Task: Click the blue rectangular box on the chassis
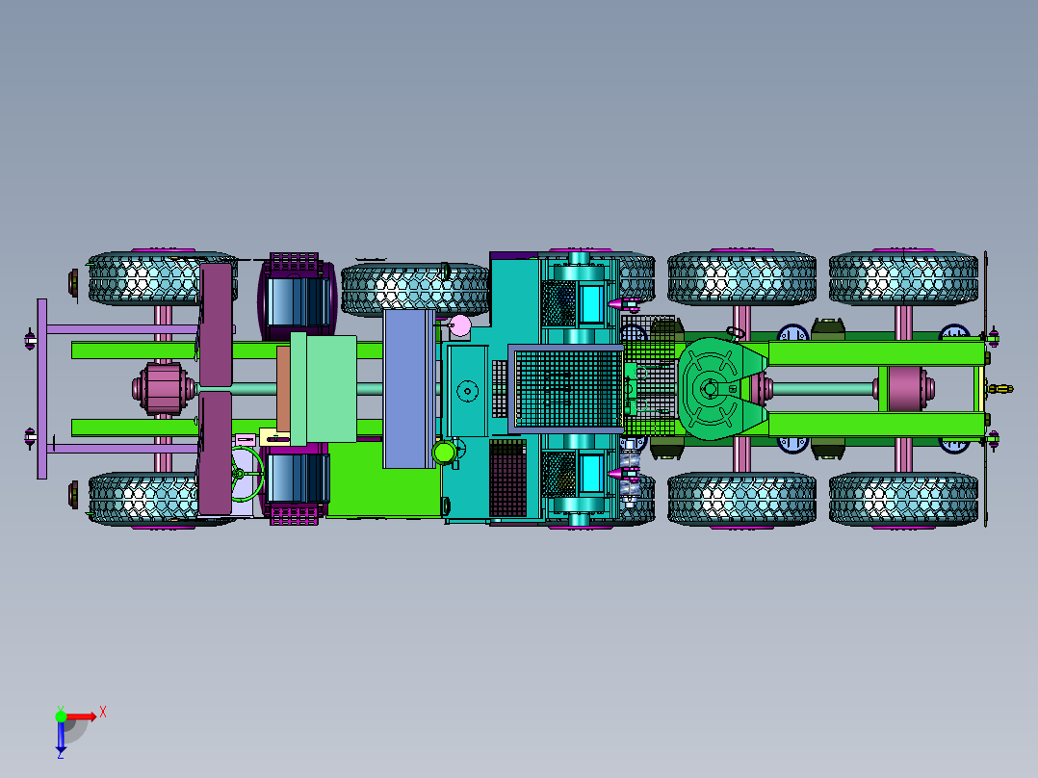coord(408,389)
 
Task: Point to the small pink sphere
coord(460,325)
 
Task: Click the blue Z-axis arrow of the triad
coord(61,736)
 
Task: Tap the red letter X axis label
coord(103,713)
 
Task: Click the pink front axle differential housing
coord(164,389)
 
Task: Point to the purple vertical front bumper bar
coord(41,389)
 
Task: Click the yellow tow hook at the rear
coord(999,389)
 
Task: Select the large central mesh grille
coord(567,389)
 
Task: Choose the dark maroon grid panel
coord(507,478)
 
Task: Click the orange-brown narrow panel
coord(283,389)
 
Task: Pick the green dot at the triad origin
coord(61,716)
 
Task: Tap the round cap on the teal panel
coord(467,391)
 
